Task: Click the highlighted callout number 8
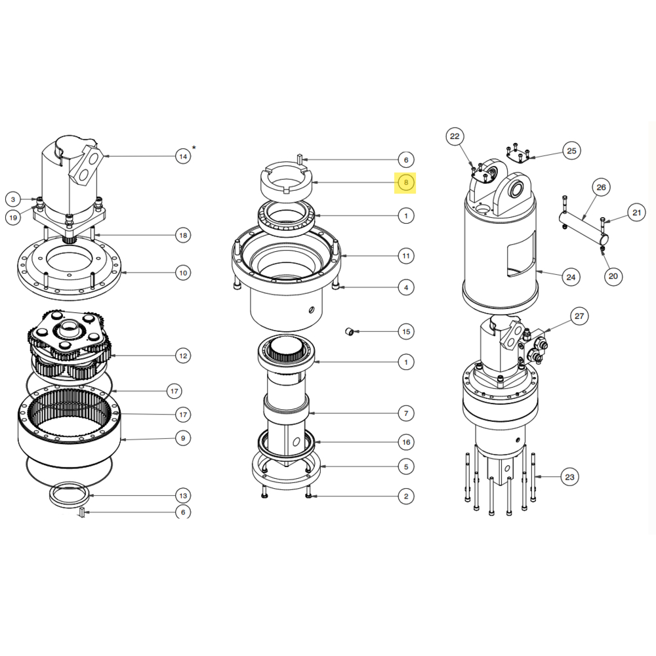[x=406, y=182]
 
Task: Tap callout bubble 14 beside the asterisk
[x=183, y=157]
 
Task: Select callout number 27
[x=579, y=316]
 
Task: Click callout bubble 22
[x=455, y=136]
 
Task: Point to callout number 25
[x=571, y=151]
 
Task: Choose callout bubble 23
[x=570, y=477]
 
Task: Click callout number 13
[x=183, y=496]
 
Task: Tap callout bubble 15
[x=406, y=332]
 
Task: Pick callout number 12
[x=183, y=356]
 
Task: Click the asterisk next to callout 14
[x=194, y=148]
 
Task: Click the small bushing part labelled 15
[x=349, y=332]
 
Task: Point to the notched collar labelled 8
[x=287, y=182]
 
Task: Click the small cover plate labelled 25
[x=518, y=155]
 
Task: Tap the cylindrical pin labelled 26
[x=584, y=228]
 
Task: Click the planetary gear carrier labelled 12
[x=70, y=344]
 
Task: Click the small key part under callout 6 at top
[x=300, y=159]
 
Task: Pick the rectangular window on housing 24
[x=522, y=256]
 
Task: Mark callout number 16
[x=406, y=442]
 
